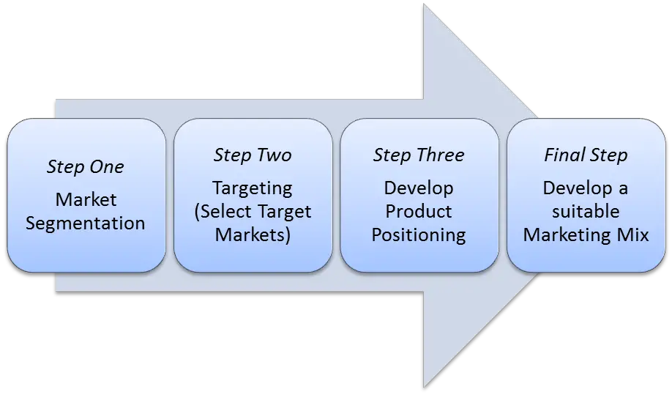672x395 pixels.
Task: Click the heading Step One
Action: point(86,167)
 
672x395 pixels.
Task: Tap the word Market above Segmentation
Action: point(86,199)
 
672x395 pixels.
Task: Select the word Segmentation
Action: point(86,224)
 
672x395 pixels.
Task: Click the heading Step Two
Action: point(253,155)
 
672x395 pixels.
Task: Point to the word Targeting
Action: point(253,189)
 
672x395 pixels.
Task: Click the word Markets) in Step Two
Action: point(253,235)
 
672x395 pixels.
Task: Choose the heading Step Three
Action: point(419,155)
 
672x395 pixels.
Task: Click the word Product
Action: point(419,212)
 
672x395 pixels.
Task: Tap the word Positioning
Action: point(419,235)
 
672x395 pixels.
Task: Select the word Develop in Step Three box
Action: point(419,189)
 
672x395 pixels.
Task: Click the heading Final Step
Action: point(586,155)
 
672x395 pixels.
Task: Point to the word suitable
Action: point(586,212)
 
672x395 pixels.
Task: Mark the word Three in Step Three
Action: point(441,155)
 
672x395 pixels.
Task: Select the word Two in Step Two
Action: point(277,155)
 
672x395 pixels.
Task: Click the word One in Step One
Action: point(110,167)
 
